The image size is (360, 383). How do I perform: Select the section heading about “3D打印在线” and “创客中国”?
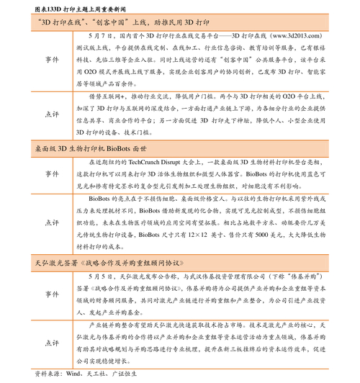tap(120, 22)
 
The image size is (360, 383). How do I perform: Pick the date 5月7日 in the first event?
tap(99, 35)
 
